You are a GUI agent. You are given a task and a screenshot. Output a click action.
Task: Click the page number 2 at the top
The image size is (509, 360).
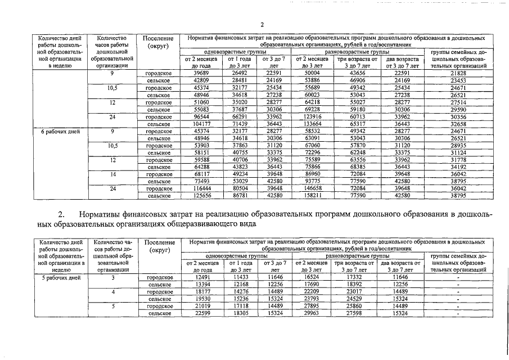[262, 24]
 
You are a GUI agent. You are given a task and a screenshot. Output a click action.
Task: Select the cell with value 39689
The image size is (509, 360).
[201, 73]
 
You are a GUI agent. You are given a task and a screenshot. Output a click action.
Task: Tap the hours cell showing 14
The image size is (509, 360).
[112, 174]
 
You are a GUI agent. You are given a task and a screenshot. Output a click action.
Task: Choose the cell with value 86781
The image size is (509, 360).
[240, 196]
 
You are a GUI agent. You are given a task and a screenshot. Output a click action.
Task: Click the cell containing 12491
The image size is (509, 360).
[201, 277]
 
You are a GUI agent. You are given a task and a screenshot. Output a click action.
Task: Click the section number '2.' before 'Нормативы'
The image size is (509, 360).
[62, 214]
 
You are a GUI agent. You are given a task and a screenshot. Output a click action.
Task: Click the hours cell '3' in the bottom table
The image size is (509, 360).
[112, 277]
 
